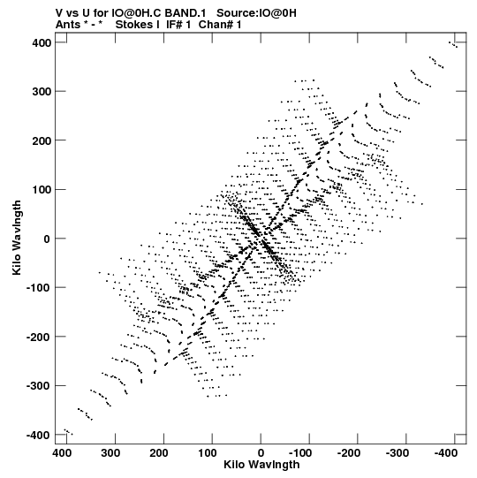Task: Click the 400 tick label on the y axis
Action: pyautogui.click(x=42, y=43)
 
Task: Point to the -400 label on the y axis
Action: pyautogui.click(x=38, y=435)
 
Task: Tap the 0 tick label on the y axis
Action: pyautogui.click(x=47, y=239)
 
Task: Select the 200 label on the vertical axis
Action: pyautogui.click(x=42, y=140)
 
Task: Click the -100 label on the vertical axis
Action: pyautogui.click(x=38, y=288)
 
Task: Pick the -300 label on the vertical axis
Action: pyautogui.click(x=38, y=386)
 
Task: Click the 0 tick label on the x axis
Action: pyautogui.click(x=261, y=452)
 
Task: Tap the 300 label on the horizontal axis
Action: pyautogui.click(x=110, y=452)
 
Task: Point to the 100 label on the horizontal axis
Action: pyautogui.click(x=208, y=452)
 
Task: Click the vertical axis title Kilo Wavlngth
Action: pyautogui.click(x=17, y=238)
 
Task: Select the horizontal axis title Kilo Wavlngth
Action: pyautogui.click(x=261, y=465)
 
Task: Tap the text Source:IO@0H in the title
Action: pyautogui.click(x=256, y=13)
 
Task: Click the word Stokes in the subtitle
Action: pyautogui.click(x=137, y=25)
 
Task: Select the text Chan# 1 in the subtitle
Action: pyautogui.click(x=220, y=25)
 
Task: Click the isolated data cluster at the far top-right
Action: pyautogui.click(x=453, y=44)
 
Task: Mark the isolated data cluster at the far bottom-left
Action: pyautogui.click(x=69, y=432)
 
